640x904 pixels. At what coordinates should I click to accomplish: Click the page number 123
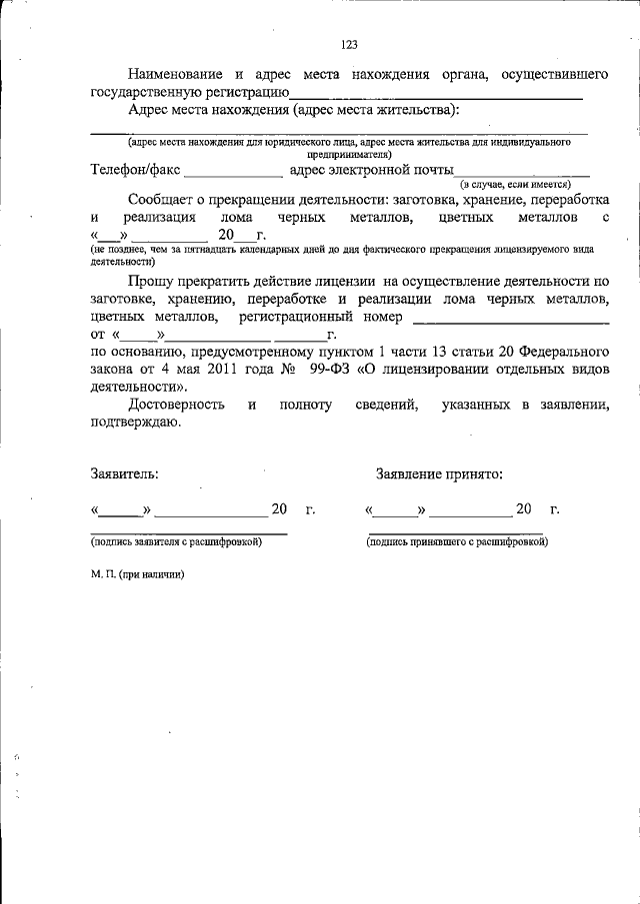pos(349,44)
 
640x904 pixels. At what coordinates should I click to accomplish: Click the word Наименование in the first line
pos(176,74)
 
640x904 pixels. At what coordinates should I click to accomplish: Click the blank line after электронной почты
pos(521,175)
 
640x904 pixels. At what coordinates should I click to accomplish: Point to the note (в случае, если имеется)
pos(515,186)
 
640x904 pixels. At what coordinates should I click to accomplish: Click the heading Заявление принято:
pos(439,474)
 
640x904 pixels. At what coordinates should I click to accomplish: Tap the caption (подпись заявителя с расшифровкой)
pos(176,541)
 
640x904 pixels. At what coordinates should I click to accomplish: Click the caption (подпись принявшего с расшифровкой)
pos(457,541)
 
